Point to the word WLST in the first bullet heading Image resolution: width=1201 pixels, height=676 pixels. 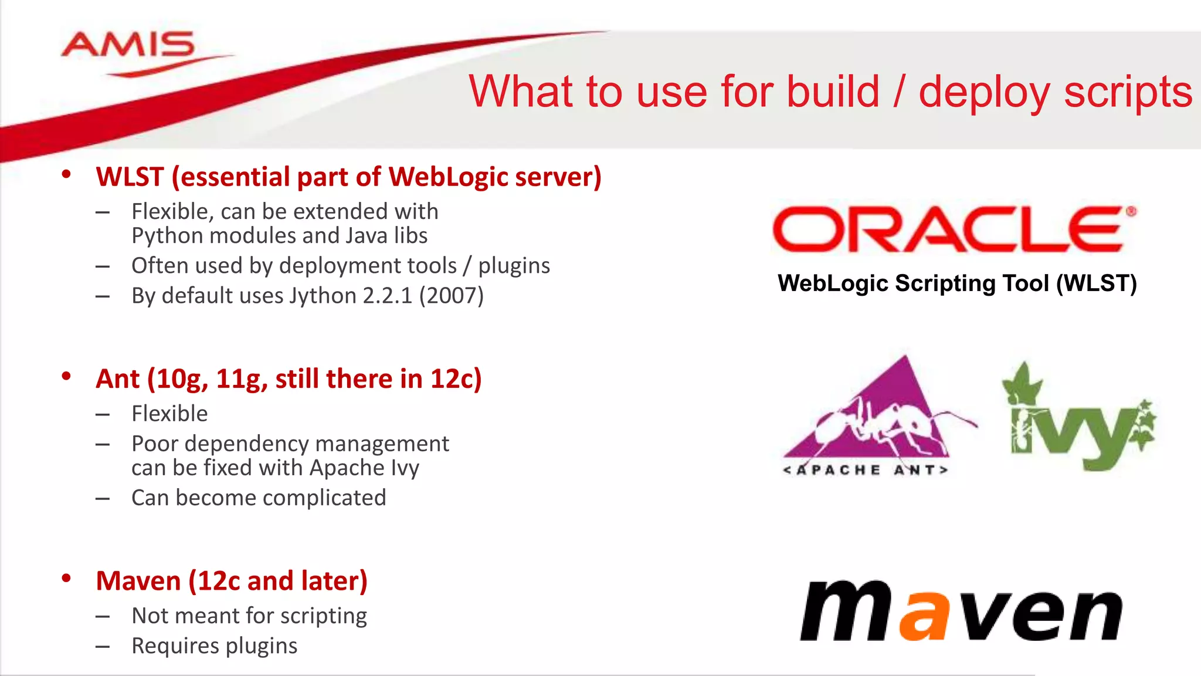(130, 177)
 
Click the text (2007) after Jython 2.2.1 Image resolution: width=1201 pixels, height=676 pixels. (451, 296)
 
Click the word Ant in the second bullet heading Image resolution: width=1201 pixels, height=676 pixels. (118, 379)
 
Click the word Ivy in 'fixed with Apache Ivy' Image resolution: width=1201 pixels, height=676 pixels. (405, 468)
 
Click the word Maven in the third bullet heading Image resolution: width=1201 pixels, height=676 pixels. (138, 581)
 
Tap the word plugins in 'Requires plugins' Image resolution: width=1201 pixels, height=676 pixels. (262, 646)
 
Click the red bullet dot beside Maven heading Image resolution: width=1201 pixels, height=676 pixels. (66, 579)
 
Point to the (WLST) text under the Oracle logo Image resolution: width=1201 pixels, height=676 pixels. (1096, 283)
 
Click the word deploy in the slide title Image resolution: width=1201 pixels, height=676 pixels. (984, 92)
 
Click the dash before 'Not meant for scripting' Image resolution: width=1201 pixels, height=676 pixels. (103, 617)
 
